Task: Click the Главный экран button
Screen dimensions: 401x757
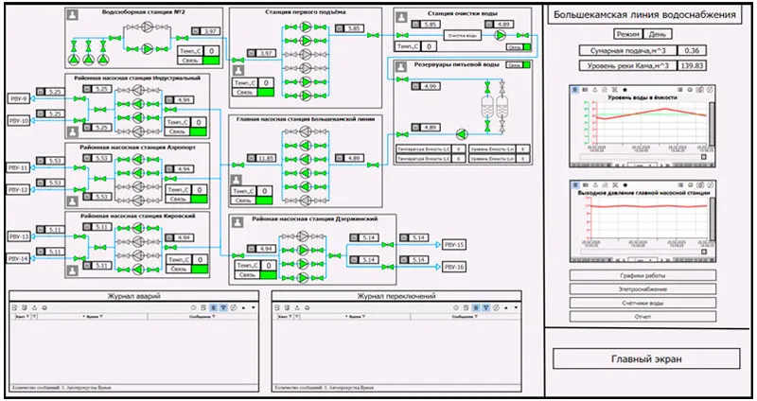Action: [647, 359]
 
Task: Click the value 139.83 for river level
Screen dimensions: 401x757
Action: [694, 65]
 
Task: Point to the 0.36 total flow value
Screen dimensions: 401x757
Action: [694, 48]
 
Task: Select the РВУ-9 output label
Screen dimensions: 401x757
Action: [19, 97]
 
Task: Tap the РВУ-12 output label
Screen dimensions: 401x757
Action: [19, 190]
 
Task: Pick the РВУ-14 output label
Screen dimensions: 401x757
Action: [19, 258]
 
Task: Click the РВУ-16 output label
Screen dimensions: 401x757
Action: [454, 268]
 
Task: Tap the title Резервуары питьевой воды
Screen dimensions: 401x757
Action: [455, 65]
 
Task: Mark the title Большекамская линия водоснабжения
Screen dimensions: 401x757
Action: [644, 15]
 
